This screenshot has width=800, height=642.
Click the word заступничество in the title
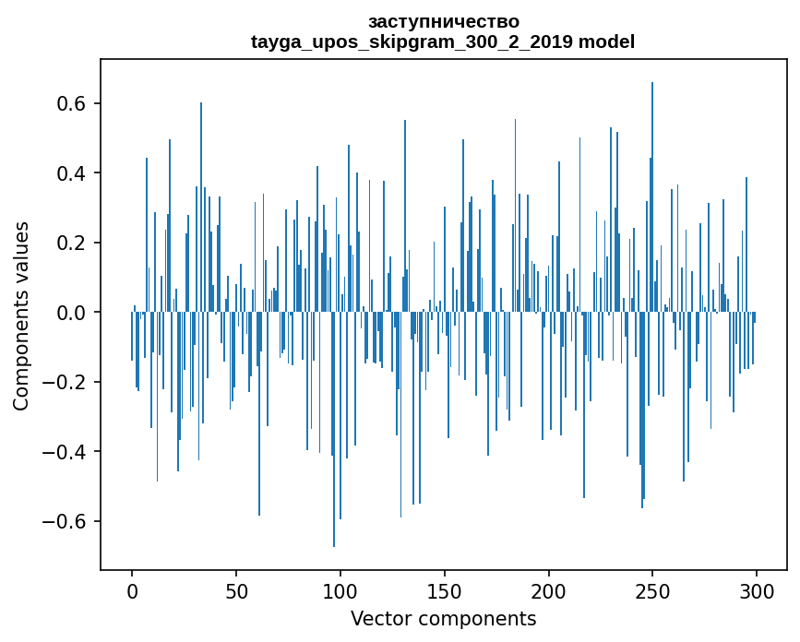click(443, 21)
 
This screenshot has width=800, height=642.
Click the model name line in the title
click(443, 42)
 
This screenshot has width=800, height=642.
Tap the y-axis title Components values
click(21, 315)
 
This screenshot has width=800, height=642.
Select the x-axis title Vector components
click(443, 618)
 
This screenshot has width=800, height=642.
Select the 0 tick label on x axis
click(132, 590)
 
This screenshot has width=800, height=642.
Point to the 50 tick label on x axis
click(236, 590)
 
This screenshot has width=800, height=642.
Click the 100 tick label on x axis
click(340, 590)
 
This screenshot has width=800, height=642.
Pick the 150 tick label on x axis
click(445, 590)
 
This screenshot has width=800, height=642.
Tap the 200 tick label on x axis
click(549, 590)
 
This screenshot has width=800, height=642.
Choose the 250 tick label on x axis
click(652, 590)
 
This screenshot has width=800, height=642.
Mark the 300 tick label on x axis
click(757, 590)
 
